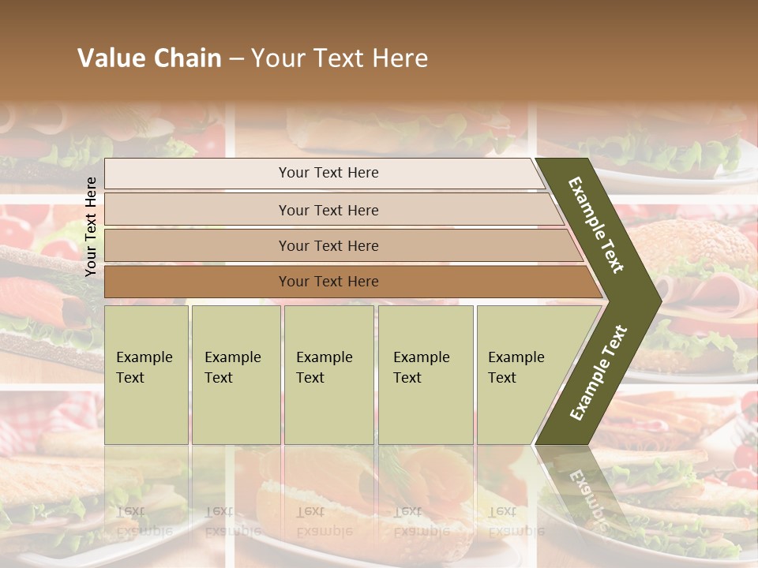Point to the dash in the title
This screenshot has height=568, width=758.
[236, 59]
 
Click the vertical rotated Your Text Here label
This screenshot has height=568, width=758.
[91, 226]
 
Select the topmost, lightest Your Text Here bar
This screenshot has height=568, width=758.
[328, 173]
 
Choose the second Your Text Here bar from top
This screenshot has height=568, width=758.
[328, 210]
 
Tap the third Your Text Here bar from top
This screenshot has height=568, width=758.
[328, 245]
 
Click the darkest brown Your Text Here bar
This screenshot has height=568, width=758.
[328, 282]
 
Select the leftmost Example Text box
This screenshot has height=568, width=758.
[146, 374]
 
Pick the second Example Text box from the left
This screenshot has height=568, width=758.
[235, 374]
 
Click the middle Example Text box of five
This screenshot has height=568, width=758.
[328, 374]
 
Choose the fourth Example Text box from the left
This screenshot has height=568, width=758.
[426, 374]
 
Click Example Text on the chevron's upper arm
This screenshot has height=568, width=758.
[596, 226]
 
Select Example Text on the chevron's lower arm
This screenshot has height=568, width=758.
[598, 373]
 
